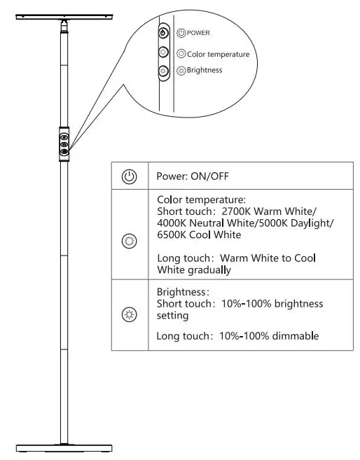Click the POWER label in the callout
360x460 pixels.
tap(199, 33)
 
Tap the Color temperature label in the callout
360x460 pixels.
tap(218, 53)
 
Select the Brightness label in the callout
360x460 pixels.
tap(205, 70)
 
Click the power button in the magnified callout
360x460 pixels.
tap(163, 33)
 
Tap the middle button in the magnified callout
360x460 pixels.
tap(163, 52)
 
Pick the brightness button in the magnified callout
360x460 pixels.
tap(163, 70)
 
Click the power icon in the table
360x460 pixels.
tap(130, 176)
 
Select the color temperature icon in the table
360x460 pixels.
tap(130, 241)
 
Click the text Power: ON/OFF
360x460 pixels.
tap(191, 176)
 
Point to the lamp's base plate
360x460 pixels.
tap(64, 447)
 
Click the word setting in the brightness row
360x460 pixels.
tap(173, 316)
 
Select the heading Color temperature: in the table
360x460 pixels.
tap(201, 199)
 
